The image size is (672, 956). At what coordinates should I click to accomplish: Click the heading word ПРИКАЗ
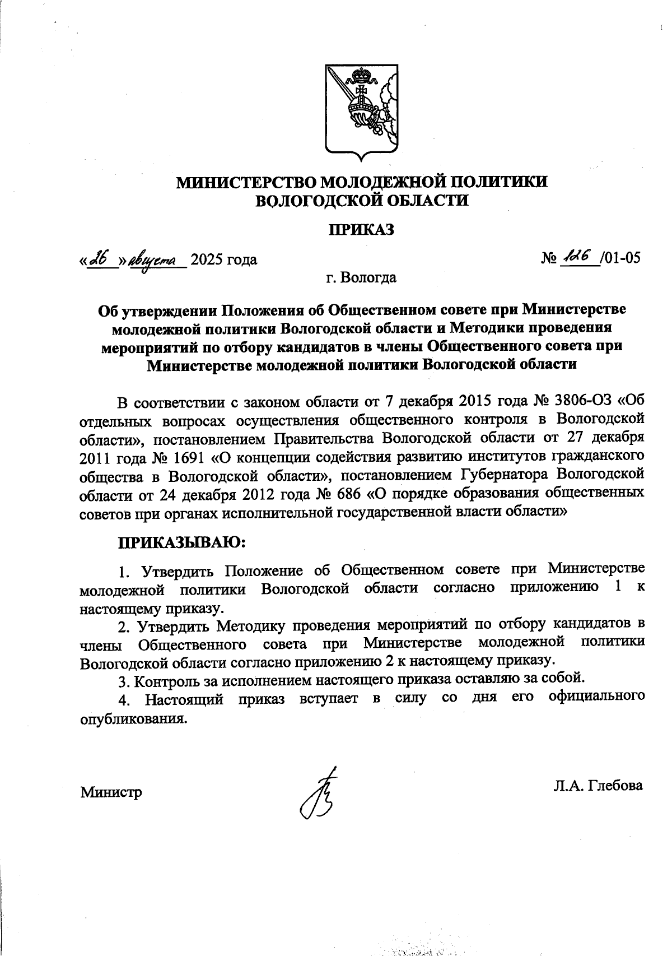(x=361, y=229)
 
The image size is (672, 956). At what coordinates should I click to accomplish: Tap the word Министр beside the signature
(x=111, y=792)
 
